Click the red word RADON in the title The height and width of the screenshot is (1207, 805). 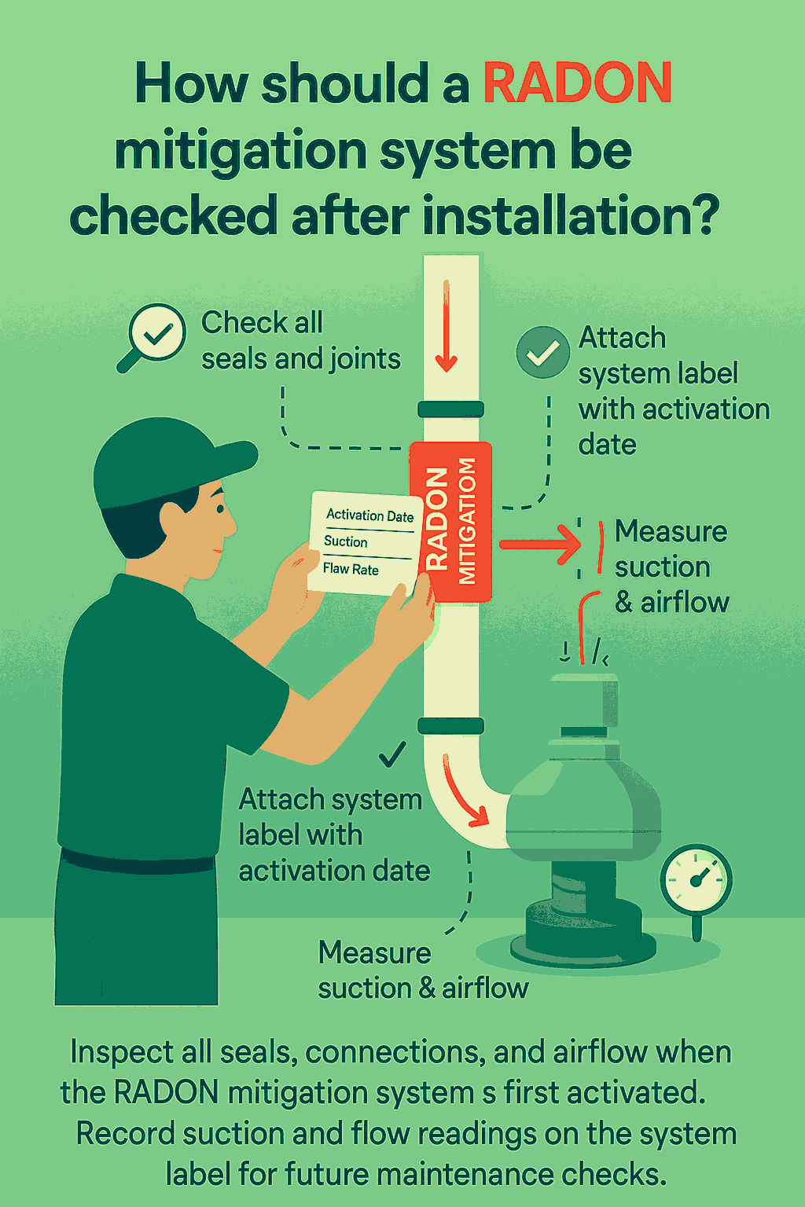click(578, 83)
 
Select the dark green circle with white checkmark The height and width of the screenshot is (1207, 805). click(542, 352)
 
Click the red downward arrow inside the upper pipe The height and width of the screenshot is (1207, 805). click(446, 326)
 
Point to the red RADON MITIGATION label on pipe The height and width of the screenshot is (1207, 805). click(450, 522)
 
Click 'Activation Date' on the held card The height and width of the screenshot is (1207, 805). click(370, 515)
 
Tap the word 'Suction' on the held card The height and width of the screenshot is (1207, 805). click(346, 541)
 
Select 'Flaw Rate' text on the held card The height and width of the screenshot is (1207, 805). click(351, 568)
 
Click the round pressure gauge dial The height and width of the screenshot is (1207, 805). click(696, 879)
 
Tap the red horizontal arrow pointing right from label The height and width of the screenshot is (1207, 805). click(540, 545)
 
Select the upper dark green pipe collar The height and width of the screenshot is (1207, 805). click(450, 409)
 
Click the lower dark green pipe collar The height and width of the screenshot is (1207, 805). click(450, 726)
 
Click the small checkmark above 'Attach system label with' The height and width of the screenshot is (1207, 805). click(392, 754)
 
